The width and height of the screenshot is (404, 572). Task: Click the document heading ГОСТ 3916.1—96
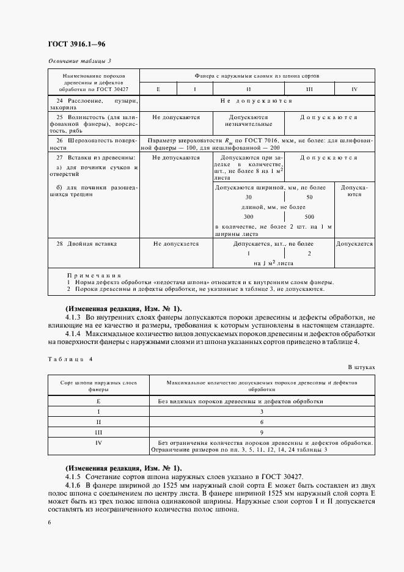click(x=77, y=45)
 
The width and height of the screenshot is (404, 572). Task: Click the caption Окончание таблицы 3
click(x=79, y=61)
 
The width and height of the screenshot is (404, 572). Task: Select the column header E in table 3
click(x=158, y=89)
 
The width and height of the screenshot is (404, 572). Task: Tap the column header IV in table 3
click(x=354, y=89)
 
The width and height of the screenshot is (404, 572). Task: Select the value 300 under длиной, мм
click(x=248, y=217)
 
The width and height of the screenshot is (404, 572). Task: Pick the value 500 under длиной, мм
click(x=309, y=217)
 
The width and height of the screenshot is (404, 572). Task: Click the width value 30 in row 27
click(x=248, y=197)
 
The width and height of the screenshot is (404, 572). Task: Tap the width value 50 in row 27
click(x=309, y=197)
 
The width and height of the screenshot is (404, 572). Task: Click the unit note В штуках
click(x=361, y=367)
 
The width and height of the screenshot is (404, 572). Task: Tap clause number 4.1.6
click(x=73, y=485)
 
